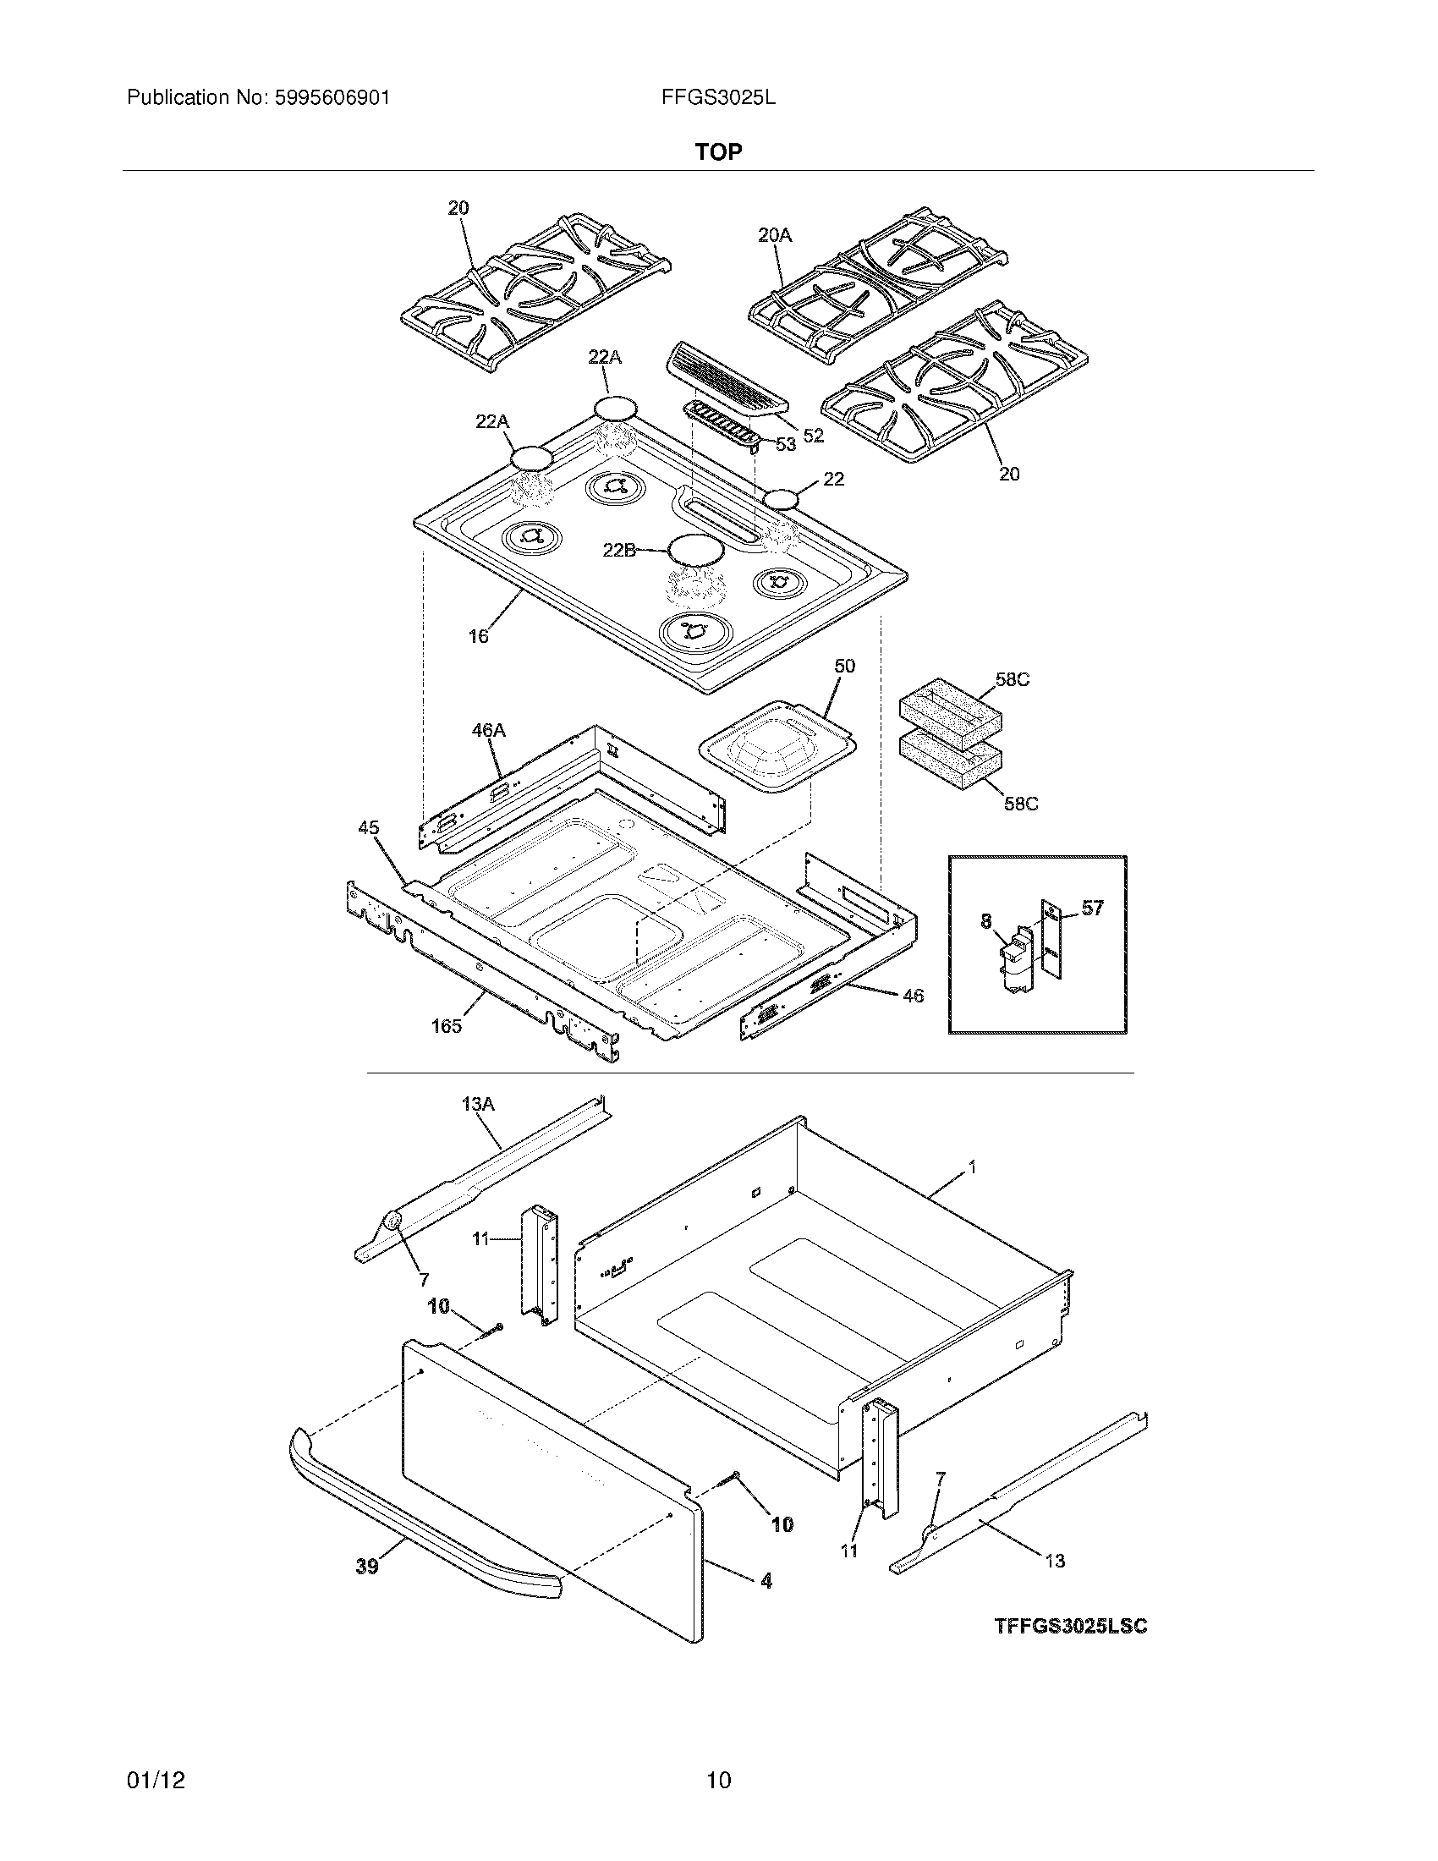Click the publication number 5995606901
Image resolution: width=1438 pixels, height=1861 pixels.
click(332, 98)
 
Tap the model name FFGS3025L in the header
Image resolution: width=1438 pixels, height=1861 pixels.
click(718, 98)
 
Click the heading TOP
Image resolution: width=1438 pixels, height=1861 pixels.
click(718, 151)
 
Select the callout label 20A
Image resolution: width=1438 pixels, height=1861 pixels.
click(774, 235)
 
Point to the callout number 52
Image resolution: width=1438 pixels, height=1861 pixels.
click(814, 436)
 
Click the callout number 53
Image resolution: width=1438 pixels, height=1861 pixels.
click(785, 444)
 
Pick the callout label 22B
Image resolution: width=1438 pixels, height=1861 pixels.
click(619, 551)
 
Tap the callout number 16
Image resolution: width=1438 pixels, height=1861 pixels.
click(479, 635)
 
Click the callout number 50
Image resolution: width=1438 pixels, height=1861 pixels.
click(844, 666)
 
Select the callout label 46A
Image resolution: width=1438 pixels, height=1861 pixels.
click(488, 730)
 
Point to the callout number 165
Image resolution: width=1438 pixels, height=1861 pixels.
click(446, 1026)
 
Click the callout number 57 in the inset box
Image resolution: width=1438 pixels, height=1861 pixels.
click(1092, 909)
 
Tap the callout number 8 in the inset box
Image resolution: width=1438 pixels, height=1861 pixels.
click(986, 921)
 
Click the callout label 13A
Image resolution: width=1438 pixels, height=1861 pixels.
click(478, 1104)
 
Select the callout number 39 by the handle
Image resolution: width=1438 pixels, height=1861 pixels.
click(366, 1566)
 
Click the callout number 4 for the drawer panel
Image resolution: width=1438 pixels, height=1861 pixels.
click(766, 1581)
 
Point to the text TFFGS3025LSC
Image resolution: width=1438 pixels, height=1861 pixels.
click(1071, 1627)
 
